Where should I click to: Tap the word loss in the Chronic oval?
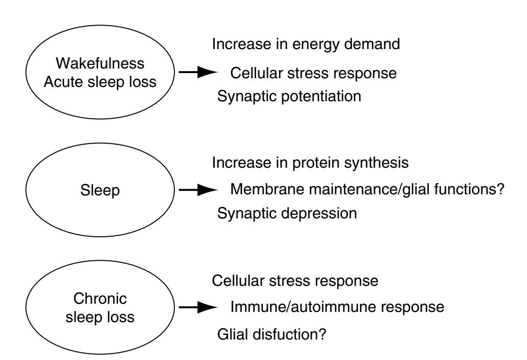122,317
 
